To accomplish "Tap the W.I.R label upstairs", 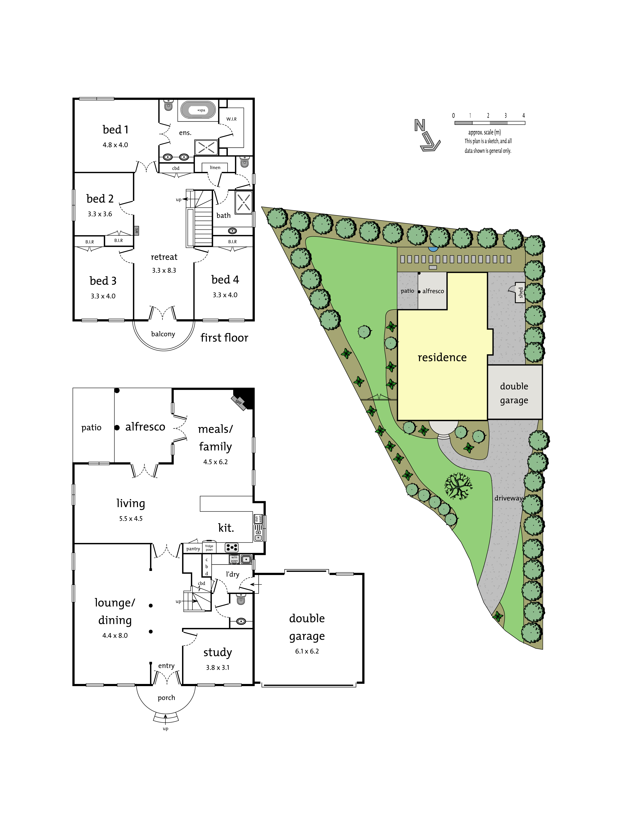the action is (x=231, y=119).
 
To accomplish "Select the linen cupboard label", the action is (x=215, y=168).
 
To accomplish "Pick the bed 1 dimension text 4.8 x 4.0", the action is (x=115, y=145).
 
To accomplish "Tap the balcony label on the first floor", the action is (x=163, y=334).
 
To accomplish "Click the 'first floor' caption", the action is (x=224, y=338).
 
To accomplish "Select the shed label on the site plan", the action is (x=520, y=292).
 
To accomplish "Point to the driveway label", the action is (x=508, y=498).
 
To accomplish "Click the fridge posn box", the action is (x=209, y=548).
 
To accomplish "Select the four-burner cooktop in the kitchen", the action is (x=232, y=548).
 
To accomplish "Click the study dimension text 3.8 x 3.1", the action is (x=218, y=667).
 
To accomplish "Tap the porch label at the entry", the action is (x=167, y=697).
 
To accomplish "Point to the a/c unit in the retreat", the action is (x=136, y=231).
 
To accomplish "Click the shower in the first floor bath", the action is (x=244, y=202).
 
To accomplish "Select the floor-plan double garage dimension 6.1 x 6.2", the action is (x=307, y=651).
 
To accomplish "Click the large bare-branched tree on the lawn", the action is (x=458, y=486).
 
